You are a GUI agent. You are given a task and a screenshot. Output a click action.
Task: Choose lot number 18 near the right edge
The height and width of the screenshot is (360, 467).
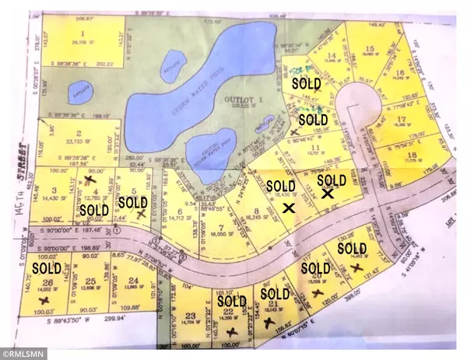click(410, 155)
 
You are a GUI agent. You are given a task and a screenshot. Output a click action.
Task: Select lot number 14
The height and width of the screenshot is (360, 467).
click(332, 56)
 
